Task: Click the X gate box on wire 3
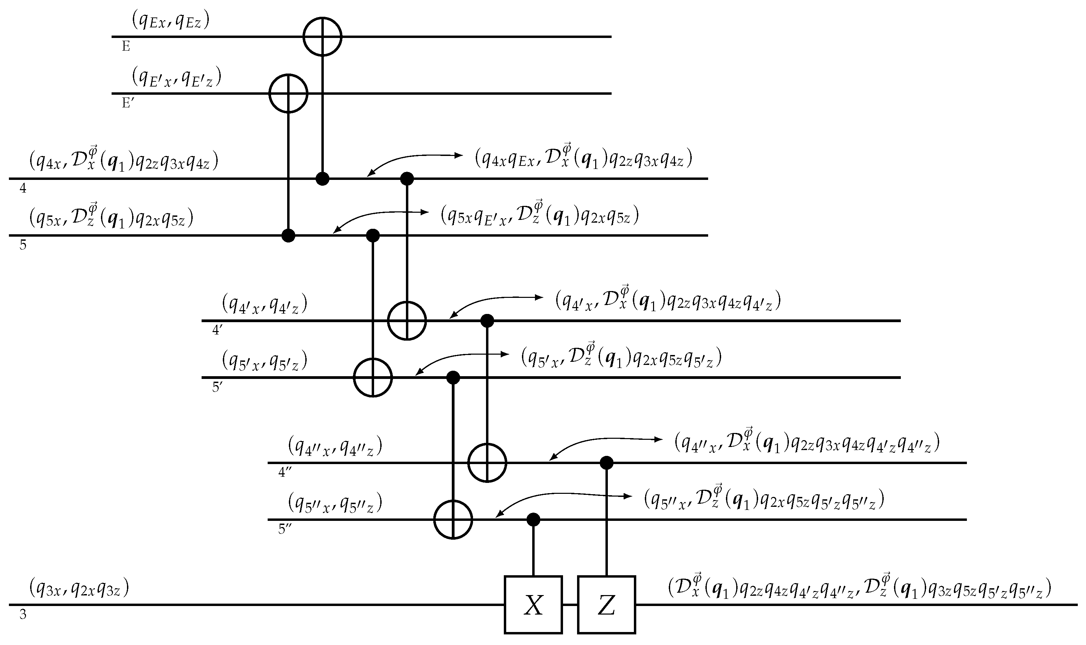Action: pos(533,605)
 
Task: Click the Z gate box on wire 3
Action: pos(606,605)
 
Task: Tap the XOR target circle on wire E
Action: pos(322,37)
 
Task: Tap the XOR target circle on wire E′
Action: pos(288,93)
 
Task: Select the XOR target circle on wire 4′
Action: pos(407,321)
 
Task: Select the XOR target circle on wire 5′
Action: pos(373,377)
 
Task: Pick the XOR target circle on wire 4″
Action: pos(487,463)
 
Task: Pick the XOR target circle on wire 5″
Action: pos(453,519)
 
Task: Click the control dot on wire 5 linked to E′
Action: pos(288,236)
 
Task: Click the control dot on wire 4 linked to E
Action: pos(322,179)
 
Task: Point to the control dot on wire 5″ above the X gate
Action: pos(533,519)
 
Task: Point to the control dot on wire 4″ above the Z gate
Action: pos(606,463)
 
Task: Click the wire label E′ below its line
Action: pos(127,103)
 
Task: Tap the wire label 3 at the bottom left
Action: pos(23,615)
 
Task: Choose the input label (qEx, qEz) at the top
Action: pos(170,21)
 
